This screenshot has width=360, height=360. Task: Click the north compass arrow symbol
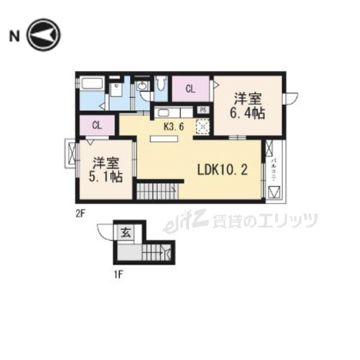point(44,35)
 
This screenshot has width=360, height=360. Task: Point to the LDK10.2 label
point(222,169)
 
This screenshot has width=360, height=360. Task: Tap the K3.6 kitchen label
point(174,127)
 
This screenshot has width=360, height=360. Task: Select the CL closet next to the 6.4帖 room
point(191,89)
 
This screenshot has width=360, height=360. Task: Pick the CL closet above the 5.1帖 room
point(97,125)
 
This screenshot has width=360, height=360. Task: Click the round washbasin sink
point(142,86)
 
